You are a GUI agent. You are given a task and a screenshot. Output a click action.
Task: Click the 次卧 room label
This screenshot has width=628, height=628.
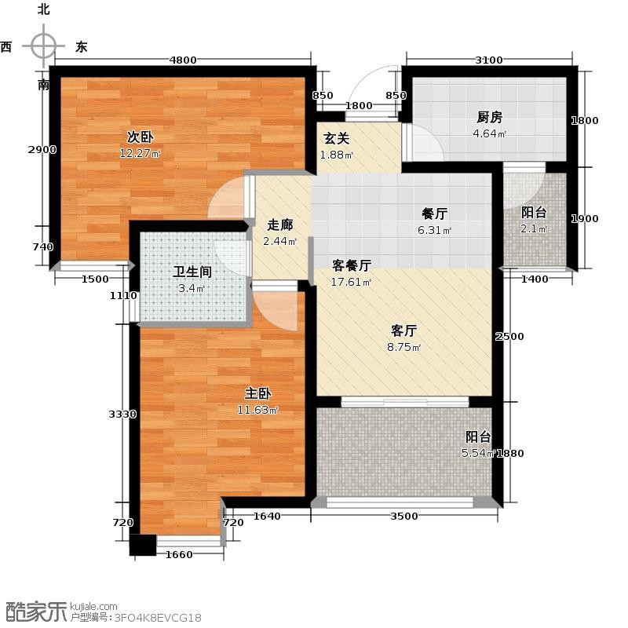tap(141, 137)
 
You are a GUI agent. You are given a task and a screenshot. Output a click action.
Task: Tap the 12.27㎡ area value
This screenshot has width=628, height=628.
tap(140, 153)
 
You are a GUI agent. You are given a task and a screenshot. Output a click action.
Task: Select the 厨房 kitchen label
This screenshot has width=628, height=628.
tap(489, 117)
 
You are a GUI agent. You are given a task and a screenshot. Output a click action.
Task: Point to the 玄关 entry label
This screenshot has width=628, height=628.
tap(337, 139)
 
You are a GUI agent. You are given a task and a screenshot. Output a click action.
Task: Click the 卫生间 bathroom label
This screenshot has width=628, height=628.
tap(192, 272)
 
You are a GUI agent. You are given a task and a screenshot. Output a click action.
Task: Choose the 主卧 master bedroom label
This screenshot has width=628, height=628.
tap(258, 393)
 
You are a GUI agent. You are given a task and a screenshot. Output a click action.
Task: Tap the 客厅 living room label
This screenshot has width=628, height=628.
tap(403, 330)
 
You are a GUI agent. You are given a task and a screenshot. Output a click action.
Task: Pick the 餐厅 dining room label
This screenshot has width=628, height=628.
tap(435, 214)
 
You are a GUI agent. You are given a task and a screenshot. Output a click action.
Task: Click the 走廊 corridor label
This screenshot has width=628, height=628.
tap(280, 225)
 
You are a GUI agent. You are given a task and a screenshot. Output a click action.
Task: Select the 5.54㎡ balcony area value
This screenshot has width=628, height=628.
tap(479, 453)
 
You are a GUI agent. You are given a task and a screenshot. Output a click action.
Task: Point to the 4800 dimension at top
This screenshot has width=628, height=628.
tap(183, 60)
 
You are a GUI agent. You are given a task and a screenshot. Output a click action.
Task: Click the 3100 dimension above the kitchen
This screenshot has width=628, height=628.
tap(488, 60)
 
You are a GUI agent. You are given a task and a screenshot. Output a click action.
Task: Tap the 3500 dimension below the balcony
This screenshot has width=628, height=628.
tap(404, 517)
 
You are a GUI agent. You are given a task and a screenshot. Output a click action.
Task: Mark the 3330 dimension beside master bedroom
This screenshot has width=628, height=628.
tap(122, 414)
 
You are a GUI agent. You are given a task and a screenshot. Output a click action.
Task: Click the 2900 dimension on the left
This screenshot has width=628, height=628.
tap(42, 150)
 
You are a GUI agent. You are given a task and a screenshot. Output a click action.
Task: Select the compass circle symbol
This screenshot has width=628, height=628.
tap(43, 46)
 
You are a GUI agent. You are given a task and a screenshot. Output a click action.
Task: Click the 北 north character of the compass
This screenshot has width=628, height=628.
tap(44, 9)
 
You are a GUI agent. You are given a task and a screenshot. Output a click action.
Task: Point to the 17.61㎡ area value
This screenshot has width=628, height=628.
tap(351, 283)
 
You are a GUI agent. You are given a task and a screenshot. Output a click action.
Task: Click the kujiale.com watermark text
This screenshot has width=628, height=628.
tap(93, 607)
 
